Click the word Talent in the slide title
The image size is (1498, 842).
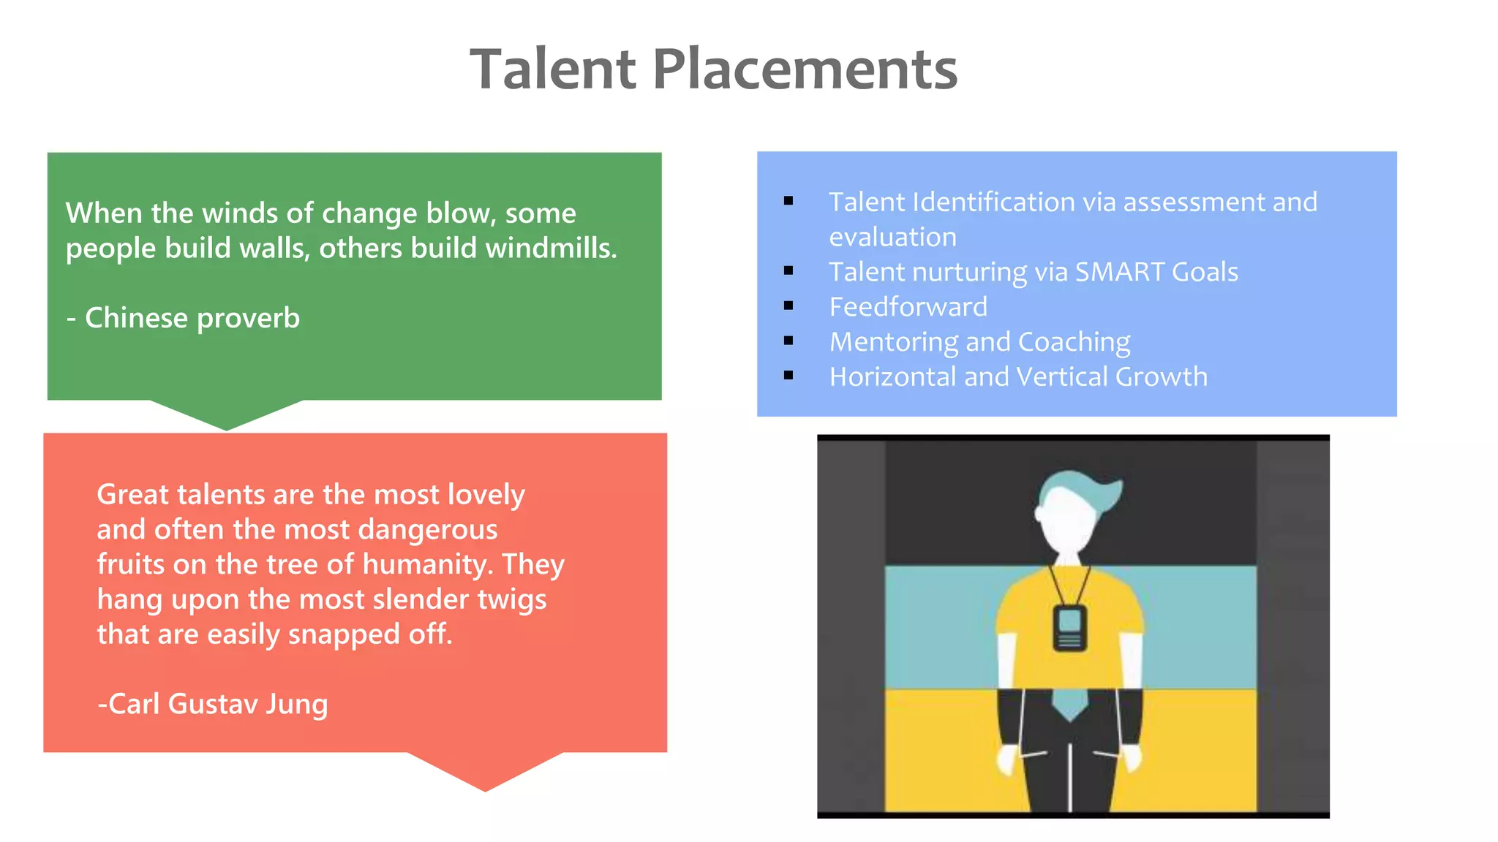point(552,69)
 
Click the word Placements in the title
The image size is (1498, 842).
point(804,69)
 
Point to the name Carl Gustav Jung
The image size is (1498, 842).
point(213,704)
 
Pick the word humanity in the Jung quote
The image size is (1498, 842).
point(426,564)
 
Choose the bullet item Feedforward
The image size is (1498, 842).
point(908,307)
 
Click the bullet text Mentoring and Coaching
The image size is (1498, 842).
point(979,342)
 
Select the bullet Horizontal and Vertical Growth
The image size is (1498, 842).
point(1018,377)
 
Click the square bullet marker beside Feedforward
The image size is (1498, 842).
point(788,306)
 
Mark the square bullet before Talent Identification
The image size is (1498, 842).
point(788,201)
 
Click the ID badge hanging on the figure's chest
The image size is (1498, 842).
point(1069,628)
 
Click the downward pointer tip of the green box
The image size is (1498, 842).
point(226,427)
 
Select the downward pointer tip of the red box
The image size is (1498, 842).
point(485,788)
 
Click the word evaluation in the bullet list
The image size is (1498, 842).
point(892,237)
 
